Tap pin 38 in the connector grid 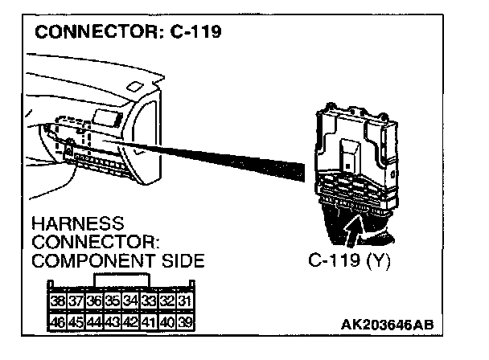59,301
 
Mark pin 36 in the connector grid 93,301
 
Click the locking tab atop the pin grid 121,280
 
